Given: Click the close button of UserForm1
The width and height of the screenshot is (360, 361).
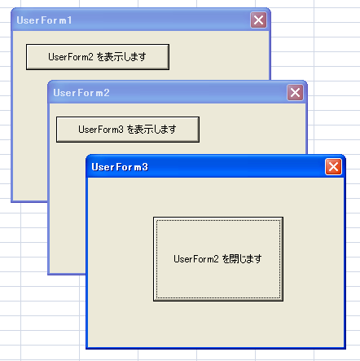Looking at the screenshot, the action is [x=258, y=20].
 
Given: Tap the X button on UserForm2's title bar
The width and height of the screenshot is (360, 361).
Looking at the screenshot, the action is [x=295, y=93].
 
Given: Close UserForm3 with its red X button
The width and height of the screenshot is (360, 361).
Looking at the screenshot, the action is [x=333, y=167].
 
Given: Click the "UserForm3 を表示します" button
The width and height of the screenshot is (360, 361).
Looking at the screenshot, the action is [x=128, y=130].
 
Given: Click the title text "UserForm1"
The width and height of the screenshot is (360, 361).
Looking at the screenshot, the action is [x=44, y=20].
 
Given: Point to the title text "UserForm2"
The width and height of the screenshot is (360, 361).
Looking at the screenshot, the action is [x=81, y=93].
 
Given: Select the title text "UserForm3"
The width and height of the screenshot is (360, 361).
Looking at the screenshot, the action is [x=120, y=167].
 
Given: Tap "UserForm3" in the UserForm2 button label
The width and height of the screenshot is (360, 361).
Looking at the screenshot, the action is [x=101, y=130].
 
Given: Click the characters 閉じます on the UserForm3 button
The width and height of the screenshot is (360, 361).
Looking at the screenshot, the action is [x=246, y=259].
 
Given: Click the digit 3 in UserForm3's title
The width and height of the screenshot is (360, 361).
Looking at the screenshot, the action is [x=145, y=167].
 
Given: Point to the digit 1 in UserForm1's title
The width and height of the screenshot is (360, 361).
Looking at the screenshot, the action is [x=69, y=20].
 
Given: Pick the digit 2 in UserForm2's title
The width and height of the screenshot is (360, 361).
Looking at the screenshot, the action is [x=107, y=93].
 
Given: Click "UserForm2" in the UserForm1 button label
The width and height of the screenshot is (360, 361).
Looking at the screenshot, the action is [x=71, y=57].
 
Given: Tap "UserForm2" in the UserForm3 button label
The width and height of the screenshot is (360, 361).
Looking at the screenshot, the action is [x=196, y=259].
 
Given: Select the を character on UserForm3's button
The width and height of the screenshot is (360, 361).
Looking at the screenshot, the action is [x=226, y=259].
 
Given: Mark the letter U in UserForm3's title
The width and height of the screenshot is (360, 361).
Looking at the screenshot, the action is [x=95, y=167].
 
